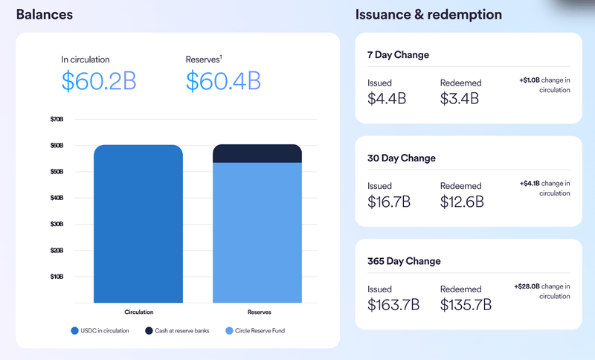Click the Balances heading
[45, 14]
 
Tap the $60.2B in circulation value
[98, 80]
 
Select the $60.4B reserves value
[222, 80]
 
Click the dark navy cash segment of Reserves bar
[257, 153]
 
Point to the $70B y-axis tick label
[57, 119]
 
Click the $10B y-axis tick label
[57, 277]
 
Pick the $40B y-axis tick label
[57, 198]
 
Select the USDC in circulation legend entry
[100, 330]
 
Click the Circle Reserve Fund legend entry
[254, 330]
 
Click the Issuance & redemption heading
[428, 14]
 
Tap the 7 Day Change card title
[398, 55]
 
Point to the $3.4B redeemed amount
[458, 98]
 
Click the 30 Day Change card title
[401, 158]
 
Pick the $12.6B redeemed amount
[462, 202]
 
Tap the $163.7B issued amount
[393, 304]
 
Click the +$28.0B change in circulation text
[541, 291]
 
